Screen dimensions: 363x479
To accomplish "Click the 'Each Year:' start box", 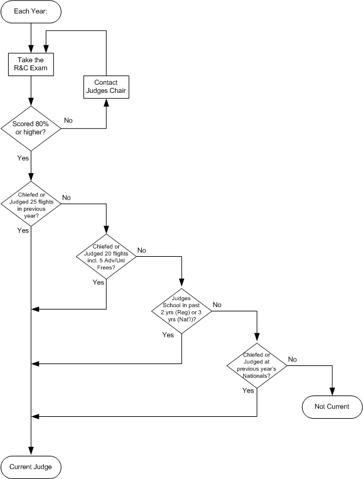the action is pyautogui.click(x=31, y=11).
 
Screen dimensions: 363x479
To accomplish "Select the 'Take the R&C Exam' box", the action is pyautogui.click(x=31, y=65).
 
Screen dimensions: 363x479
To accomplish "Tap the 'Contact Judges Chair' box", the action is pyautogui.click(x=106, y=87).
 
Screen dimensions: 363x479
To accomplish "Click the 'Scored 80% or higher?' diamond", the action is pyautogui.click(x=31, y=128).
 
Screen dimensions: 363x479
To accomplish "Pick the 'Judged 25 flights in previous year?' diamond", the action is pyautogui.click(x=31, y=204).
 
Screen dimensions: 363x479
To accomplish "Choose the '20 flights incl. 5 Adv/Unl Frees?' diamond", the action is pyautogui.click(x=106, y=257).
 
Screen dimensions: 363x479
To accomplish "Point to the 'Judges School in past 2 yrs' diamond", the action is pyautogui.click(x=181, y=311).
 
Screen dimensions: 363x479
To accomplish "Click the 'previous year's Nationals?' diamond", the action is pyautogui.click(x=257, y=365).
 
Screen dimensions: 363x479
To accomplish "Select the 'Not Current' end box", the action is pyautogui.click(x=332, y=407).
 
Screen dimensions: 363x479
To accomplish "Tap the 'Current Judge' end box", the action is pyautogui.click(x=31, y=467).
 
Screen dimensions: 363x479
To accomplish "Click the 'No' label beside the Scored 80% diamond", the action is pyautogui.click(x=68, y=121).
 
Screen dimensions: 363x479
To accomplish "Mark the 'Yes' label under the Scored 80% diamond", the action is pyautogui.click(x=23, y=158).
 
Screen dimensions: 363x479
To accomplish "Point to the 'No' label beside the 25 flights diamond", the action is pyautogui.click(x=67, y=198).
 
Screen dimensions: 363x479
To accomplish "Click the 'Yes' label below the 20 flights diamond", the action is pyautogui.click(x=99, y=283).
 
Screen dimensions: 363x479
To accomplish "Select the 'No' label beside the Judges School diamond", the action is pyautogui.click(x=217, y=304).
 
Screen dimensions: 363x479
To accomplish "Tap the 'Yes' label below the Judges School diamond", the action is pyautogui.click(x=168, y=335).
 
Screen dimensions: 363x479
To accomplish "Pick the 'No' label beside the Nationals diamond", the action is pyautogui.click(x=293, y=359).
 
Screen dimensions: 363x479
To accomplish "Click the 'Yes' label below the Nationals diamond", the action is pyautogui.click(x=248, y=390).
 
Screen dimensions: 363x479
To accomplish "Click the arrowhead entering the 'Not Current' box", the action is pyautogui.click(x=332, y=392).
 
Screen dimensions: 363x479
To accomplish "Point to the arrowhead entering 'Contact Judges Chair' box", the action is pyautogui.click(x=106, y=102).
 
